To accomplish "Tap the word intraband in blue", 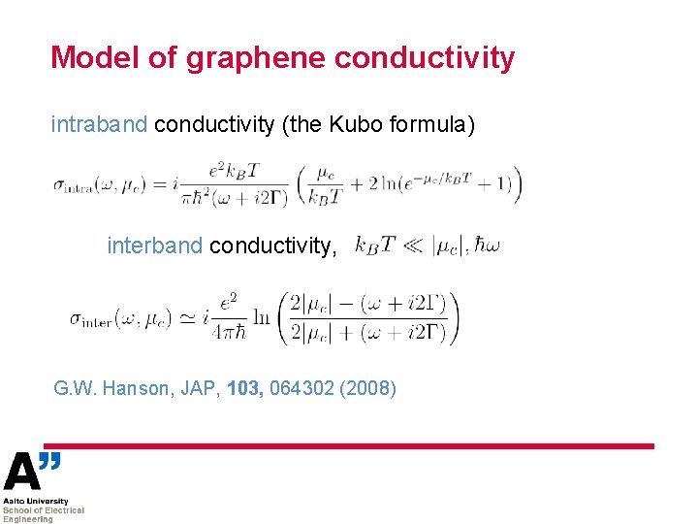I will [99, 124].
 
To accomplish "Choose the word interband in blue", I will [154, 246].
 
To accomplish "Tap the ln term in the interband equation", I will [261, 317].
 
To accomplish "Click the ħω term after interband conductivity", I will [486, 246].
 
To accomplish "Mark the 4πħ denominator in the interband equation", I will [230, 331].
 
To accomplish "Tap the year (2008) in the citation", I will [370, 389].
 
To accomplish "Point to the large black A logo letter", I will [23, 473].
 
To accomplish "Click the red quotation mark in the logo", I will [51, 461].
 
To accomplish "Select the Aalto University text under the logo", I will [35, 502].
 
